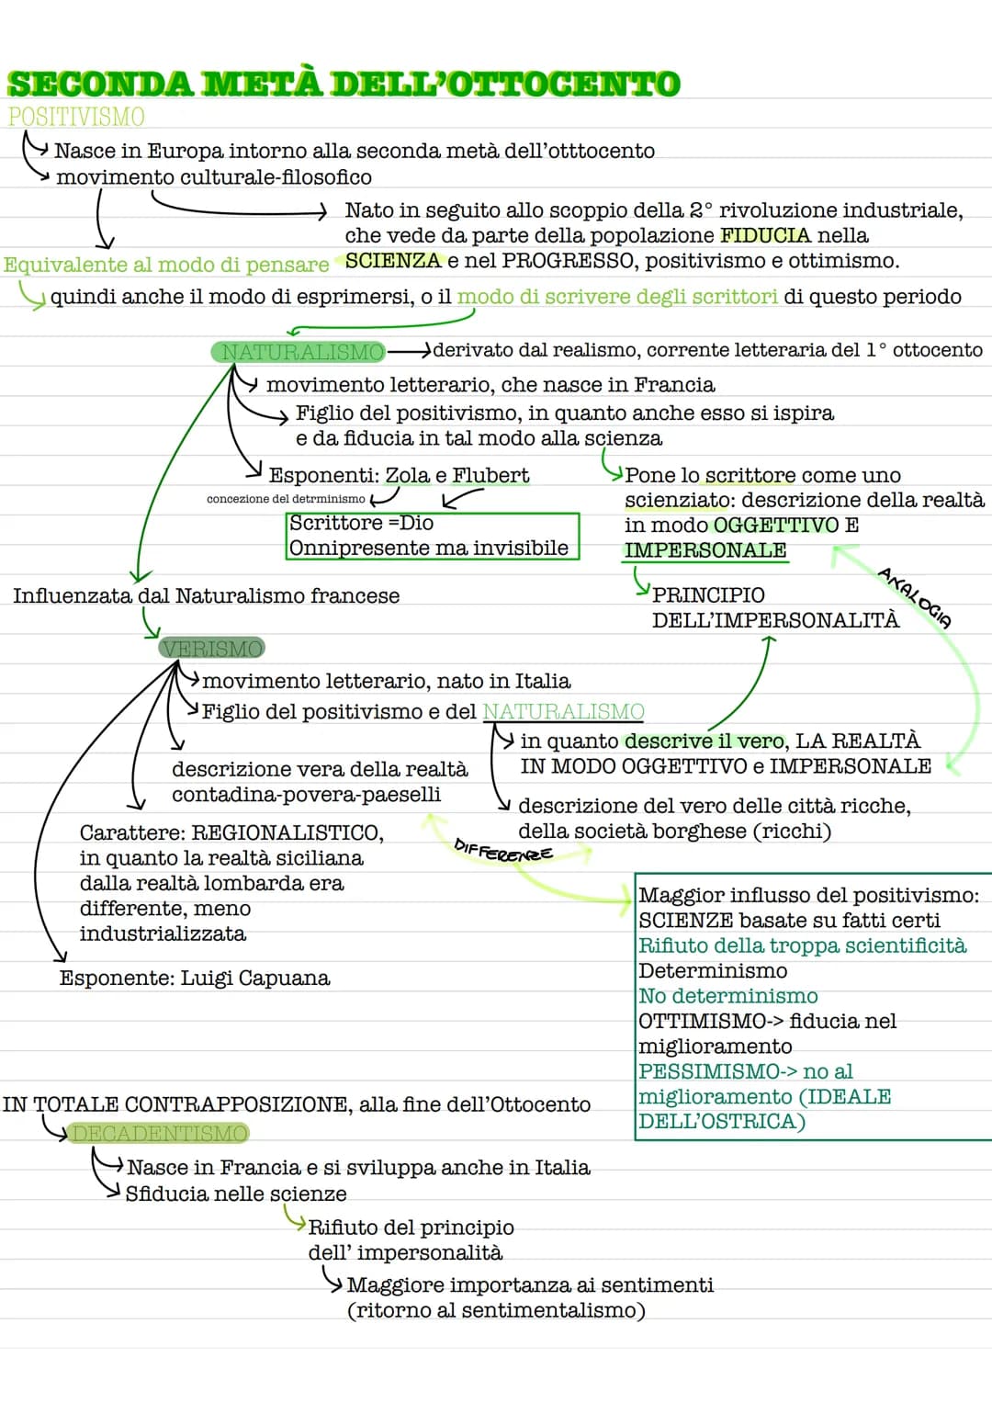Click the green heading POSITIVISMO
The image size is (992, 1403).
(75, 117)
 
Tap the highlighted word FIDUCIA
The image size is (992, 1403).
(765, 235)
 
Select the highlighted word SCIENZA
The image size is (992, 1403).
(393, 260)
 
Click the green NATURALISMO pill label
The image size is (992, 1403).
(299, 352)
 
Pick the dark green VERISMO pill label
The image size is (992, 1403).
(211, 648)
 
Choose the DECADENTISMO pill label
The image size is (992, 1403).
(158, 1133)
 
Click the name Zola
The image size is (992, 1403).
(407, 475)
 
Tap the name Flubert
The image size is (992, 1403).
(490, 475)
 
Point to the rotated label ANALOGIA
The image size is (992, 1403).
(915, 598)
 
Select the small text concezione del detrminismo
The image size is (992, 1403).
(286, 499)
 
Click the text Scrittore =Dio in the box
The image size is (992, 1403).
(361, 523)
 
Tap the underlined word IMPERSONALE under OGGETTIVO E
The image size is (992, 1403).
(705, 550)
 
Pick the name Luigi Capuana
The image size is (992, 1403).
(255, 978)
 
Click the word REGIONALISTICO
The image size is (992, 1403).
(287, 832)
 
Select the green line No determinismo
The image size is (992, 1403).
(728, 996)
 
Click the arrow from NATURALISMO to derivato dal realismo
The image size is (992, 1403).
(410, 351)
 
